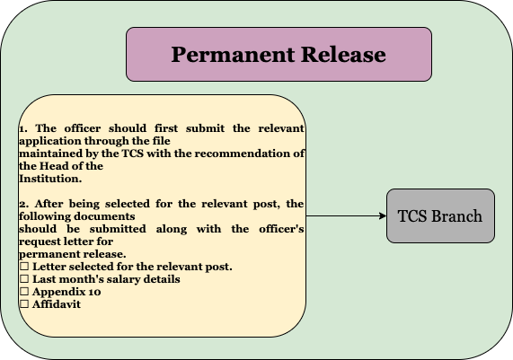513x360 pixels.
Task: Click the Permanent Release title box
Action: (x=279, y=54)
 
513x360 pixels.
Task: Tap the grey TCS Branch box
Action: (x=440, y=215)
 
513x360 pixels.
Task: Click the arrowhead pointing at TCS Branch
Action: (x=383, y=215)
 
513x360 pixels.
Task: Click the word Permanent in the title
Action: (x=233, y=54)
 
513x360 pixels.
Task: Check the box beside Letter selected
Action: (x=24, y=266)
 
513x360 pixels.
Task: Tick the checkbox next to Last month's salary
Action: (x=24, y=279)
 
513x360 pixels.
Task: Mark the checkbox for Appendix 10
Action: (x=24, y=292)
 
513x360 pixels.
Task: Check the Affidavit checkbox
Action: (x=24, y=304)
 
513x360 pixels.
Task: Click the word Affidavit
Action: (x=57, y=304)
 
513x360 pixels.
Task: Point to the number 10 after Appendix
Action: (x=94, y=292)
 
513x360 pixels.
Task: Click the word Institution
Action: (x=50, y=179)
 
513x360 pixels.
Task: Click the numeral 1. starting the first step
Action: (x=23, y=128)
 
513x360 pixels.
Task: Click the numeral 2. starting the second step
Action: (x=24, y=204)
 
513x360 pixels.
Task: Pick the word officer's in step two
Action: (x=281, y=229)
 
